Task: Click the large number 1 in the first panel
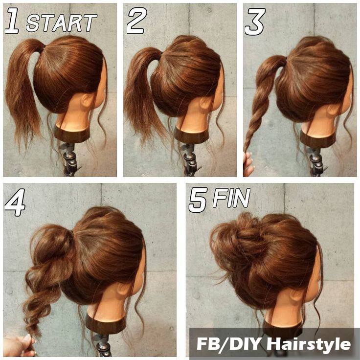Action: (12, 21)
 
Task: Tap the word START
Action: (61, 22)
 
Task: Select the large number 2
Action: (137, 21)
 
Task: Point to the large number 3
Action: (255, 22)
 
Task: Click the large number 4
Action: (15, 202)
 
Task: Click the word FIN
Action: (231, 198)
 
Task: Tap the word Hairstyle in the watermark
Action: (309, 344)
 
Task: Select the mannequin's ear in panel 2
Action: (205, 103)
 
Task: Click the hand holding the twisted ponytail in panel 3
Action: (248, 164)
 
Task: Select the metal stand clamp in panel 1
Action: (69, 158)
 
